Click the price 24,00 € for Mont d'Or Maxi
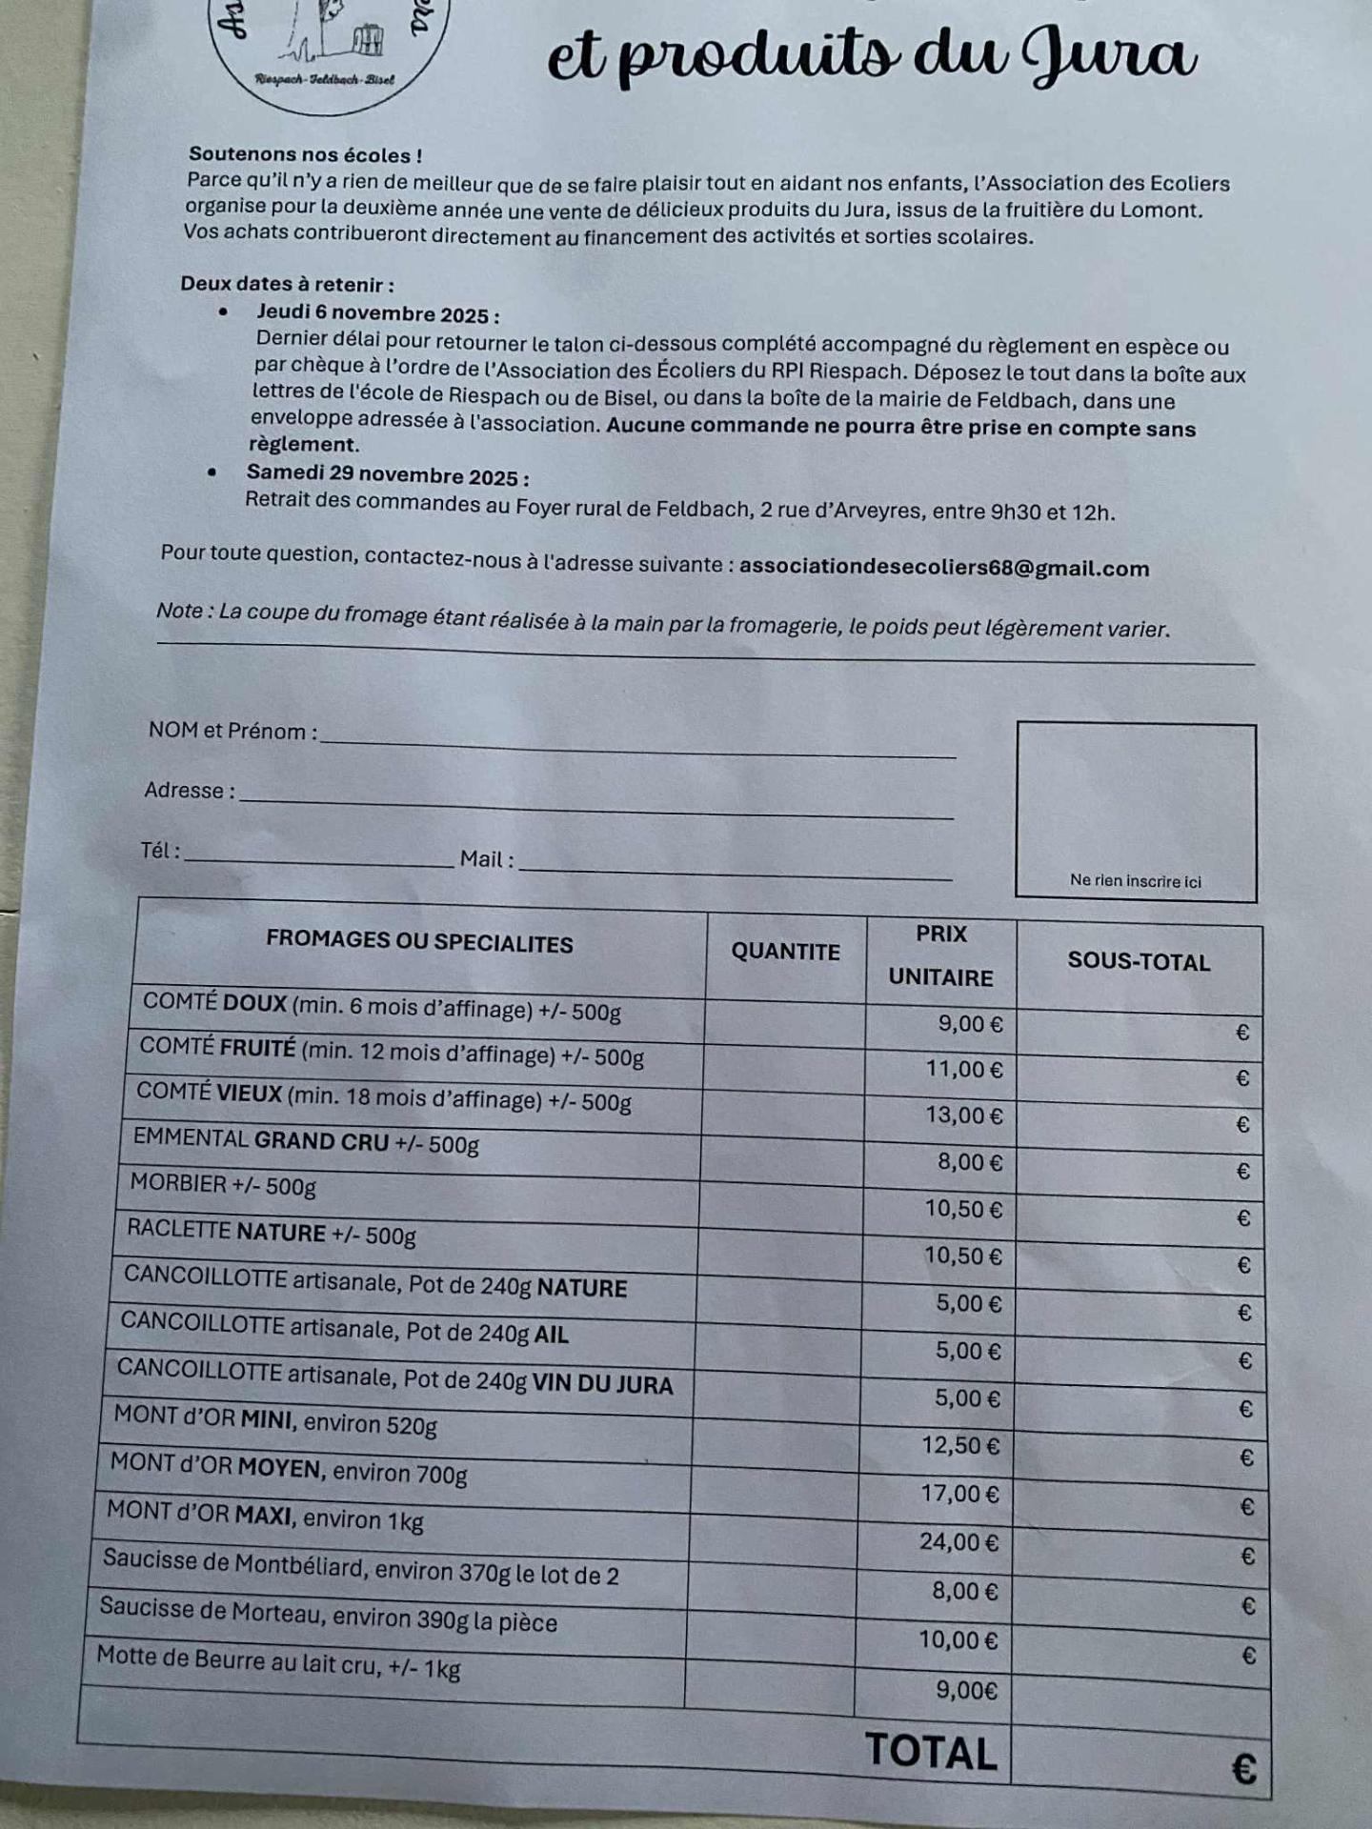[958, 1541]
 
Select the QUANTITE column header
[785, 952]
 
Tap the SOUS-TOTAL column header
[1139, 961]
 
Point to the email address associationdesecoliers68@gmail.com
[944, 569]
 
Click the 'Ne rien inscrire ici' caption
[1135, 881]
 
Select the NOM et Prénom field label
[232, 732]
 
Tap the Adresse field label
[190, 791]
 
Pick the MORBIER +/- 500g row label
[223, 1185]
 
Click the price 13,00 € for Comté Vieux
[964, 1115]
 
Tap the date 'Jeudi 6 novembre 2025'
[377, 313]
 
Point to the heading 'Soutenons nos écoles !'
[305, 154]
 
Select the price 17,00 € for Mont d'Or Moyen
[959, 1494]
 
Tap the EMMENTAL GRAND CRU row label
[306, 1140]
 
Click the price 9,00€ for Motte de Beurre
[966, 1690]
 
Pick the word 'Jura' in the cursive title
[1108, 57]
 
